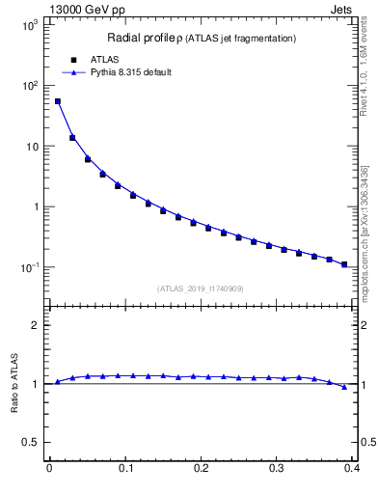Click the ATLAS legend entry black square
pyautogui.click(x=69, y=59)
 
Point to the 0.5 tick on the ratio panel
pyautogui.click(x=31, y=443)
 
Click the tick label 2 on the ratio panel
pyautogui.click(x=36, y=325)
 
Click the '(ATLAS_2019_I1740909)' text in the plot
pyautogui.click(x=200, y=288)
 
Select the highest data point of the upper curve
pyautogui.click(x=57, y=101)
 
